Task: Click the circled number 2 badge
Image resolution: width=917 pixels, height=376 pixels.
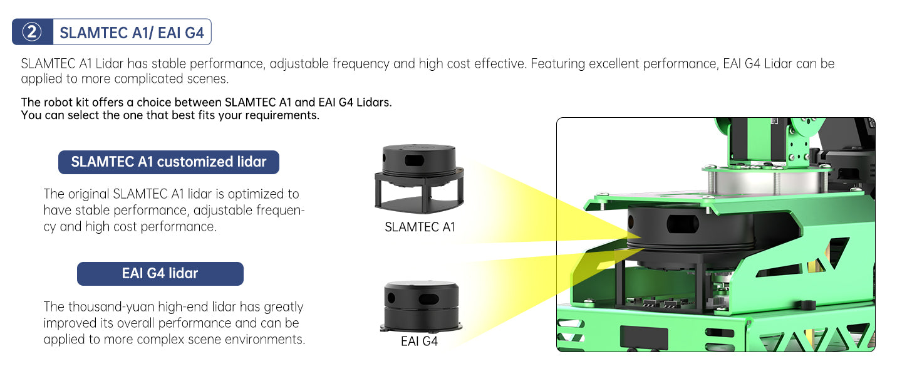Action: [x=32, y=33]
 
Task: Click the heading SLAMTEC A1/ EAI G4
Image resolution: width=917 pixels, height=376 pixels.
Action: [x=132, y=33]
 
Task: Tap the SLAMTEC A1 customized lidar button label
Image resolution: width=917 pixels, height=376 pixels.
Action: [x=168, y=162]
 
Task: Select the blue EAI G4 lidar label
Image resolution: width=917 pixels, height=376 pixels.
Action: [x=160, y=273]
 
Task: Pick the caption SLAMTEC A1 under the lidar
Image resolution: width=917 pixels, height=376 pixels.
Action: [x=420, y=227]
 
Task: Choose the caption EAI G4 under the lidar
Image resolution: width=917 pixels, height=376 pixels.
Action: [x=419, y=342]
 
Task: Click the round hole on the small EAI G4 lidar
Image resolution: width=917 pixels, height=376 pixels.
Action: [x=391, y=300]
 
